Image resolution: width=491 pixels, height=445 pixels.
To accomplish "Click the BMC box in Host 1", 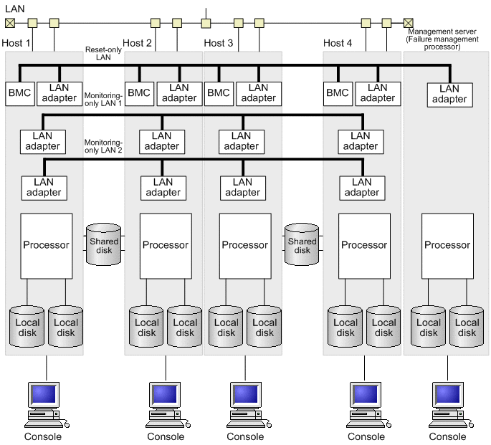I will pos(19,92).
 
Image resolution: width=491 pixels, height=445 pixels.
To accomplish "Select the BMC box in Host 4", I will pos(337,92).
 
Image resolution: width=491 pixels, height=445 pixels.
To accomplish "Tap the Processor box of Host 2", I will pos(165,245).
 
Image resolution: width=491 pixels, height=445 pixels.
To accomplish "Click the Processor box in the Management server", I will pos(447,245).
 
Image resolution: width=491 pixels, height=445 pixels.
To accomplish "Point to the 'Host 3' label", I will pos(219,43).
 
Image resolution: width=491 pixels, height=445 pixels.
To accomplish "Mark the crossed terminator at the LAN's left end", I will pos(10,23).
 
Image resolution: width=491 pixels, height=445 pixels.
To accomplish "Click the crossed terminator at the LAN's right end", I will pos(409,23).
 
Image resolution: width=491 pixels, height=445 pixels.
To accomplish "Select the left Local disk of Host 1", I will pos(27,327).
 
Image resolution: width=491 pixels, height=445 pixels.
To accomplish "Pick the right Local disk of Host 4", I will pos(384,327).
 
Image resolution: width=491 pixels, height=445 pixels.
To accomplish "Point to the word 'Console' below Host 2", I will pos(166,436).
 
